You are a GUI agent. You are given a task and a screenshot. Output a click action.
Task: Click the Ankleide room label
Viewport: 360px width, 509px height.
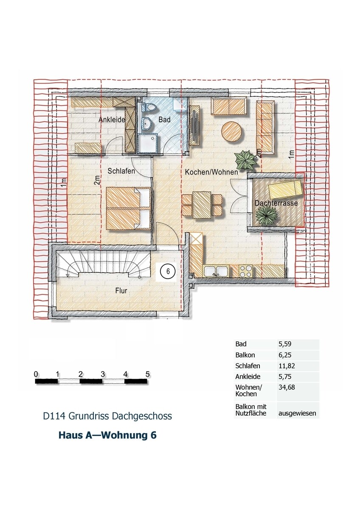[112, 120]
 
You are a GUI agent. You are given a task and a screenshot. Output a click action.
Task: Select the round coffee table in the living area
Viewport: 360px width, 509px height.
[232, 131]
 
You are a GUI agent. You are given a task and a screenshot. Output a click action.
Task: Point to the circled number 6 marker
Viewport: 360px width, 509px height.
[168, 271]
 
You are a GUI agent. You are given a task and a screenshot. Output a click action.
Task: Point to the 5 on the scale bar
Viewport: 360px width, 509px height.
[147, 374]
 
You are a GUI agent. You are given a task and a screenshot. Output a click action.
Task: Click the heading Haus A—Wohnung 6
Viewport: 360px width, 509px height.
[107, 435]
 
